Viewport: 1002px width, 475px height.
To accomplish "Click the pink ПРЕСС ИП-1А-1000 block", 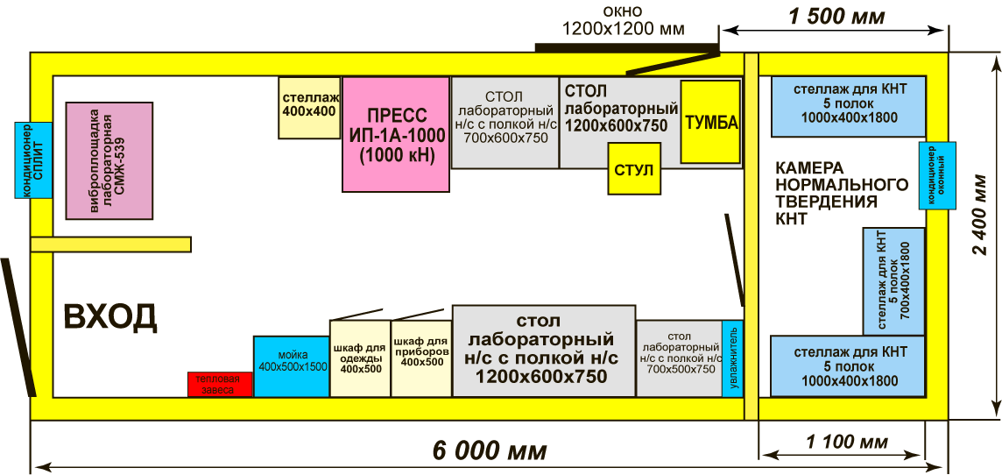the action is pos(396,134).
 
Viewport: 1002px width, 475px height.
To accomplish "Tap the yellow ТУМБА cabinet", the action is pos(710,122).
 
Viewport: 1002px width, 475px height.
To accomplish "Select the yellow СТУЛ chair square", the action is pos(633,169).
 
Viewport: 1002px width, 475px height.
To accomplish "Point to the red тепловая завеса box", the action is pos(220,384).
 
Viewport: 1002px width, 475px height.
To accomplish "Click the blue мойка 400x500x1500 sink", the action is pos(292,366).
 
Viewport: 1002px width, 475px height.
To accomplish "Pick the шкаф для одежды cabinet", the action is pos(360,358).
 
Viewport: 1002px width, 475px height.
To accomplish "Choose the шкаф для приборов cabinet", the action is pos(421,358).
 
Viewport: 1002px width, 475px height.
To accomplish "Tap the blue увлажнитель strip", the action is pos(732,358).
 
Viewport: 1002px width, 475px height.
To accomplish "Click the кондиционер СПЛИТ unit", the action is pos(32,160).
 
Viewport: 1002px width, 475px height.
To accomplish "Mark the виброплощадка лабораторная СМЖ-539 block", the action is pos(109,160).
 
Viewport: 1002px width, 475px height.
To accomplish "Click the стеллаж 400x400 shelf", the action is pos(309,108).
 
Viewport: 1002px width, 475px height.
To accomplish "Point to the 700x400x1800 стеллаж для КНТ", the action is pos(894,280).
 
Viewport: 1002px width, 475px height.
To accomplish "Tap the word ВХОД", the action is pos(109,316).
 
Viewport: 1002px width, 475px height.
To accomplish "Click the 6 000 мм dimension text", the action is pos(490,450).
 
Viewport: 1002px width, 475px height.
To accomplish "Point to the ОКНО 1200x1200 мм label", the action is pos(623,20).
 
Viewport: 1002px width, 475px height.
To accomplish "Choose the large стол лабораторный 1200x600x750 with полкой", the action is pos(544,351).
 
